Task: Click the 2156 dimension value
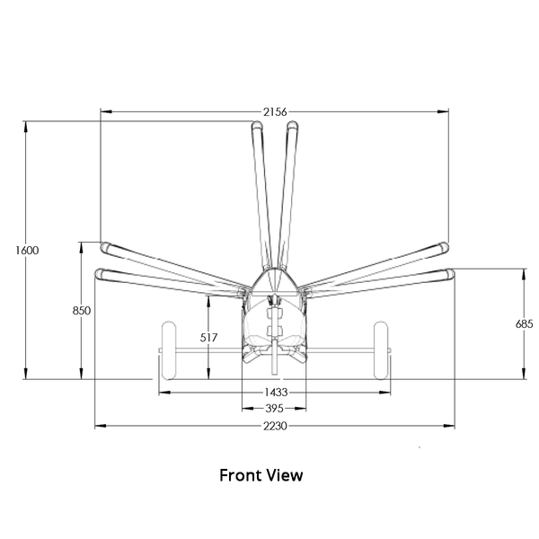[275, 111]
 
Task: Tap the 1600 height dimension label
[27, 251]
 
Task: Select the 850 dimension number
[82, 311]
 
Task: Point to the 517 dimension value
[208, 338]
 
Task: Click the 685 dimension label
[524, 323]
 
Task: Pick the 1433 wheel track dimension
[276, 392]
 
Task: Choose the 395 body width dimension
[274, 409]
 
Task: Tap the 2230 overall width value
[275, 426]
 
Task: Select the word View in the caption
[285, 475]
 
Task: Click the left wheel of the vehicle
[169, 350]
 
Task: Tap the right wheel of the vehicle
[381, 350]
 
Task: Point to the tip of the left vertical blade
[257, 121]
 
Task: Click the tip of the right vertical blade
[293, 121]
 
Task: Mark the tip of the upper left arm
[101, 246]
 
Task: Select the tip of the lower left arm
[95, 274]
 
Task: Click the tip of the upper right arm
[448, 246]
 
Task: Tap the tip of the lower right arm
[454, 274]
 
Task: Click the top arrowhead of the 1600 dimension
[26, 127]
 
